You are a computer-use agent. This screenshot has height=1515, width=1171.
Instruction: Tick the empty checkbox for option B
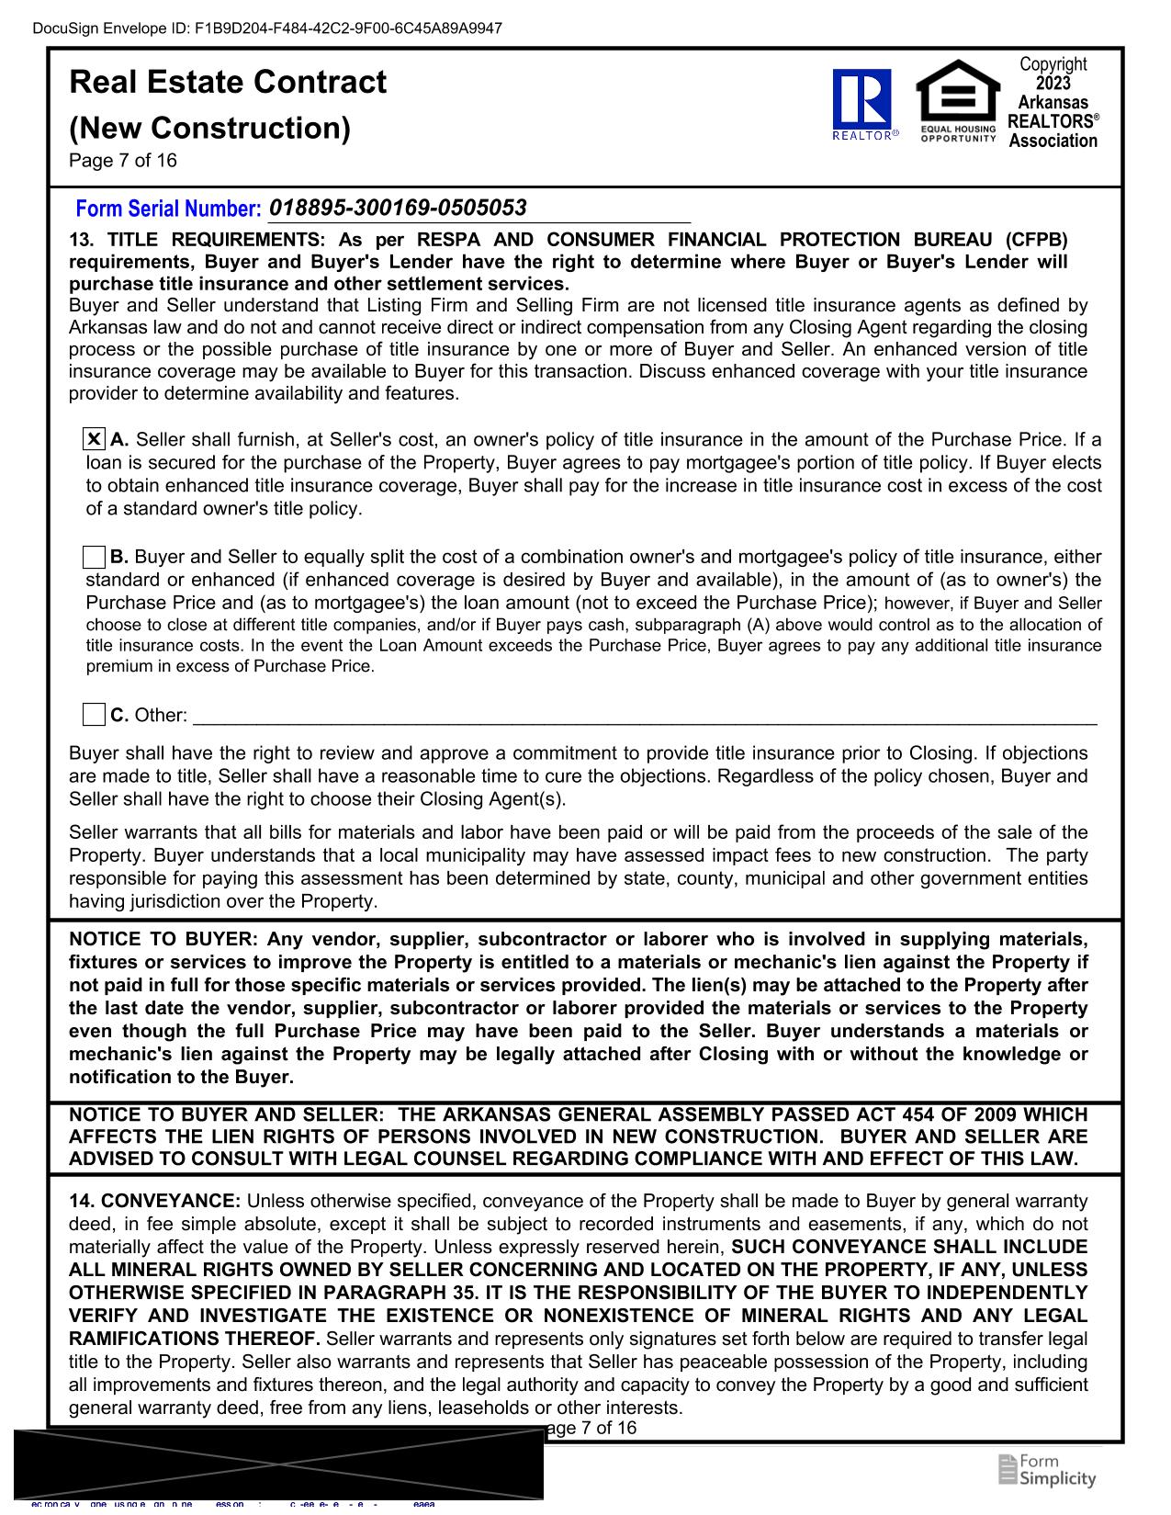tap(94, 557)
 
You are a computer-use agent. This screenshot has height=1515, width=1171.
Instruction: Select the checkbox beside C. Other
tap(94, 714)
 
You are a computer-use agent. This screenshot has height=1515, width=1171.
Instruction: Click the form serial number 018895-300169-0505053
tap(398, 208)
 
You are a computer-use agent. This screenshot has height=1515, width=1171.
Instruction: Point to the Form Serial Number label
tap(168, 209)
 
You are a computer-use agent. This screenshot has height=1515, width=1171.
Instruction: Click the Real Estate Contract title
tap(228, 82)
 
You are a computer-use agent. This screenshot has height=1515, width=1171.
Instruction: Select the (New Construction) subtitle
tap(209, 128)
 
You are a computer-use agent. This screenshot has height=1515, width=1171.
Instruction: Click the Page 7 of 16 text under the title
tap(123, 161)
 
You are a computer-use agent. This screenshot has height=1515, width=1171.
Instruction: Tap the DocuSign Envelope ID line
tap(267, 28)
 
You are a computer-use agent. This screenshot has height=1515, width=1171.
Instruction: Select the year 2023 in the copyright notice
tap(1053, 83)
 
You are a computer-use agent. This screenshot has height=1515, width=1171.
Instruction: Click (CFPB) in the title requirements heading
tap(1036, 240)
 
